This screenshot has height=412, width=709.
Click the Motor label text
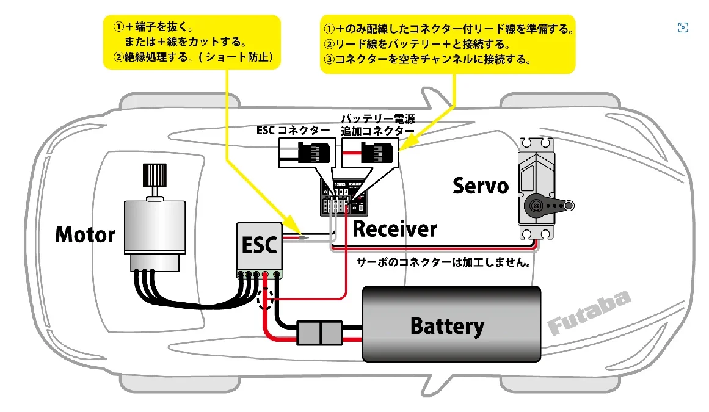click(x=85, y=234)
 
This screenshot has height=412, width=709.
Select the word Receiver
click(x=395, y=229)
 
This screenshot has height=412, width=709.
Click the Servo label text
click(x=481, y=186)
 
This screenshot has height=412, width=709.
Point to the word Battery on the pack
click(x=447, y=326)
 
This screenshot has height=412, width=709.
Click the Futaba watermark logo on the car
click(x=589, y=313)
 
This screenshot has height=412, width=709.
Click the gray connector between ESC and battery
click(x=319, y=333)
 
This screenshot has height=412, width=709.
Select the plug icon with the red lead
click(x=371, y=151)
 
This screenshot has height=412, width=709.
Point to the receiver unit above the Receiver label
click(x=342, y=196)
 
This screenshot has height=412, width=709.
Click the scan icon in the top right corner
click(x=683, y=27)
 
